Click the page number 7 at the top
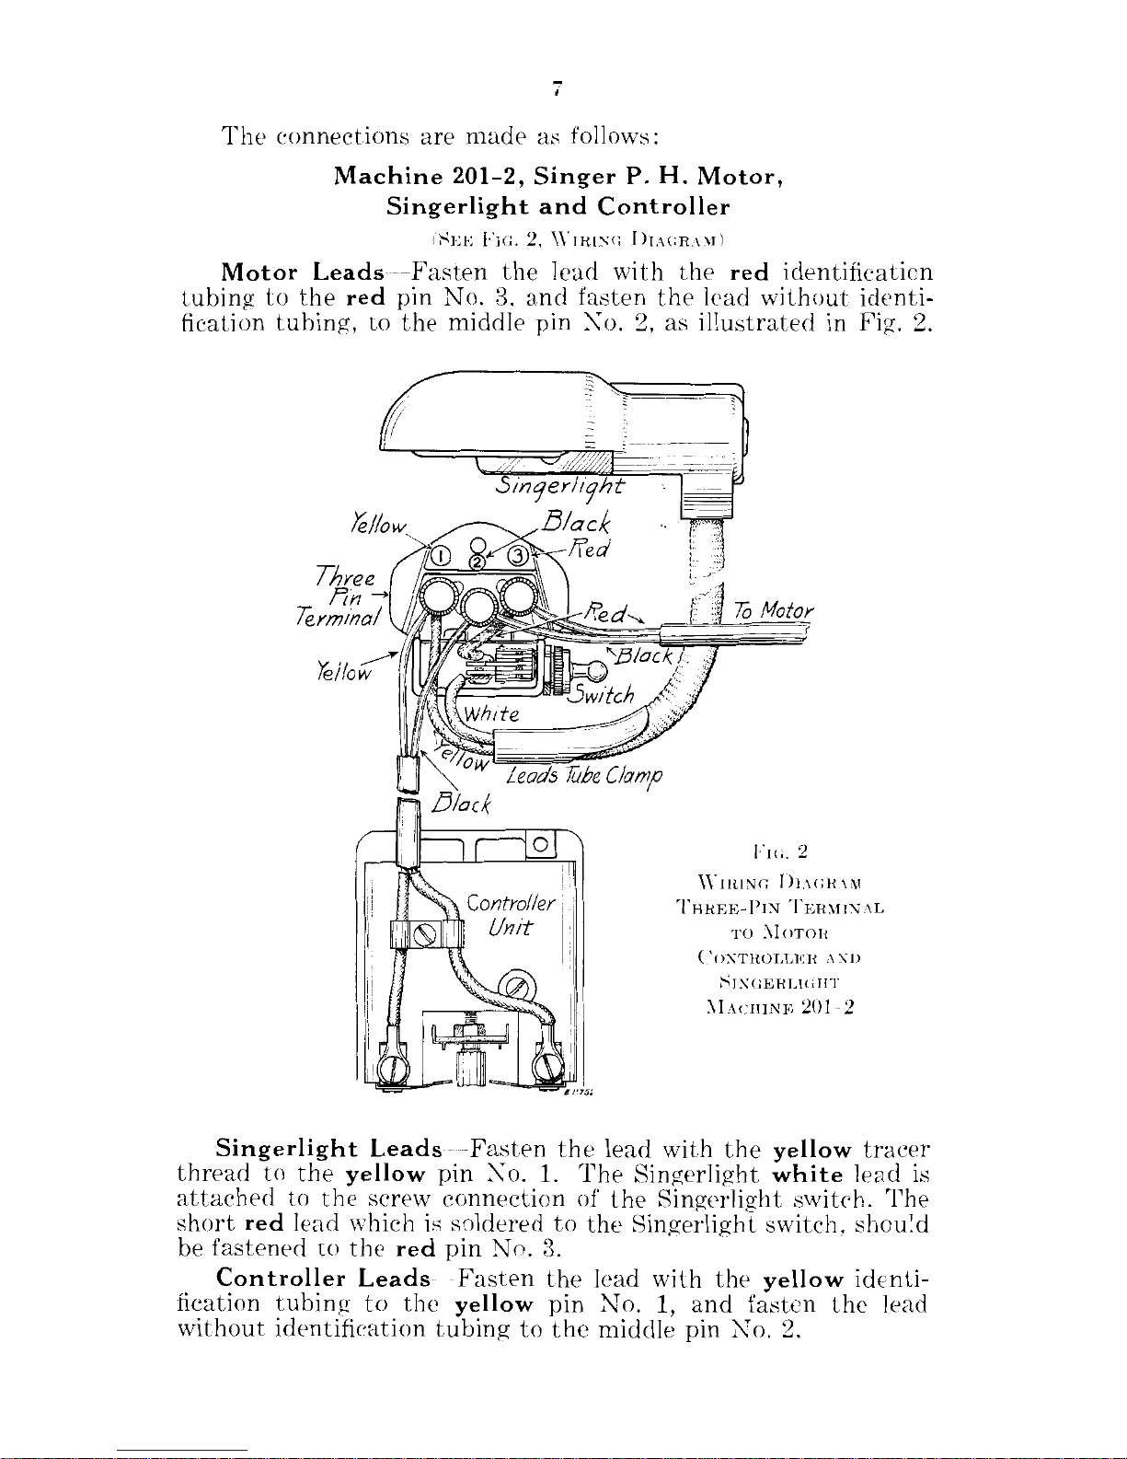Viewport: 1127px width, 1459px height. (x=557, y=89)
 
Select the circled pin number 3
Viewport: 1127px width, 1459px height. (x=518, y=556)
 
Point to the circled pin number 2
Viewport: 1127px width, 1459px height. (x=477, y=562)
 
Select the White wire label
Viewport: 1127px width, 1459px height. (x=492, y=714)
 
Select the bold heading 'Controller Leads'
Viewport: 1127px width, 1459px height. (x=322, y=1279)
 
